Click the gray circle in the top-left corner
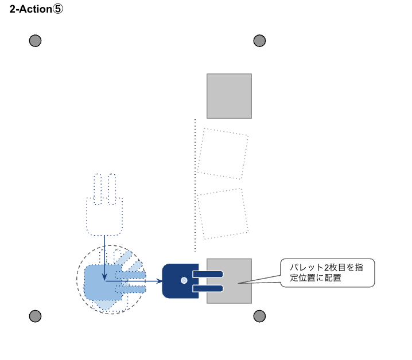(35, 41)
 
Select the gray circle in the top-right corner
(259, 41)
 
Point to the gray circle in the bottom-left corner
(35, 316)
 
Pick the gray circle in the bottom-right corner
(259, 316)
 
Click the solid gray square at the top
(229, 96)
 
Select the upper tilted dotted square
(223, 154)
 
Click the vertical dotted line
(195, 183)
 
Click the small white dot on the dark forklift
(184, 280)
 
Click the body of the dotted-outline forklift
(104, 216)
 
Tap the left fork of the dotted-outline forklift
(98, 187)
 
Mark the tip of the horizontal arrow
(161, 281)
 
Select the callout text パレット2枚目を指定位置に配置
(325, 272)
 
